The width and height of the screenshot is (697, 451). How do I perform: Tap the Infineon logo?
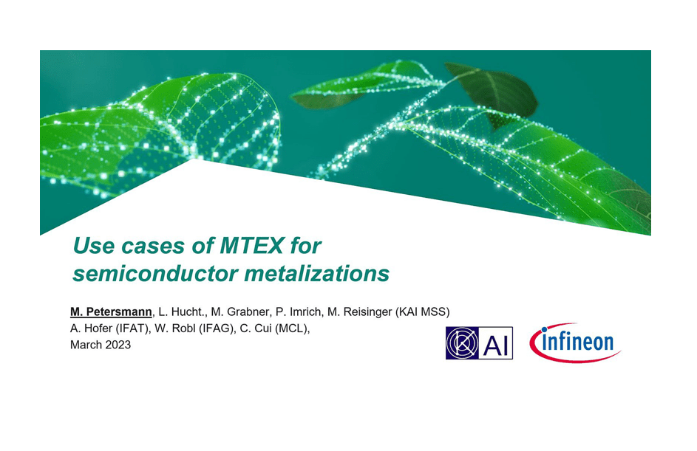pyautogui.click(x=575, y=342)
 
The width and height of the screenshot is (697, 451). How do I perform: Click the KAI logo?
pyautogui.click(x=479, y=343)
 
